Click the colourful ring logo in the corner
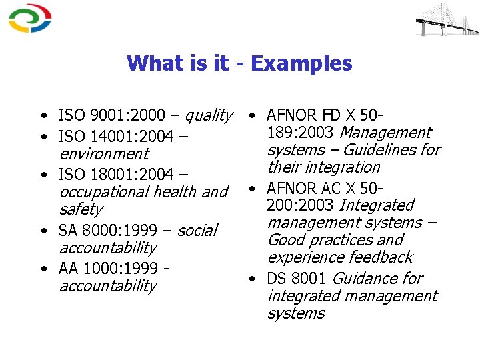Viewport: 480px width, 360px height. (29, 18)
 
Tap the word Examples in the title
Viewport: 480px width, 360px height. (301, 63)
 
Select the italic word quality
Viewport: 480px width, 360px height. (208, 115)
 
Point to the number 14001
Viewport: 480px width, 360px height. (111, 137)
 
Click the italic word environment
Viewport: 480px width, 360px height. (103, 154)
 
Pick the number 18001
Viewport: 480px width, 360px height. (111, 174)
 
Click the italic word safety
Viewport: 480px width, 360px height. (81, 209)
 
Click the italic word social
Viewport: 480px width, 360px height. (197, 231)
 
